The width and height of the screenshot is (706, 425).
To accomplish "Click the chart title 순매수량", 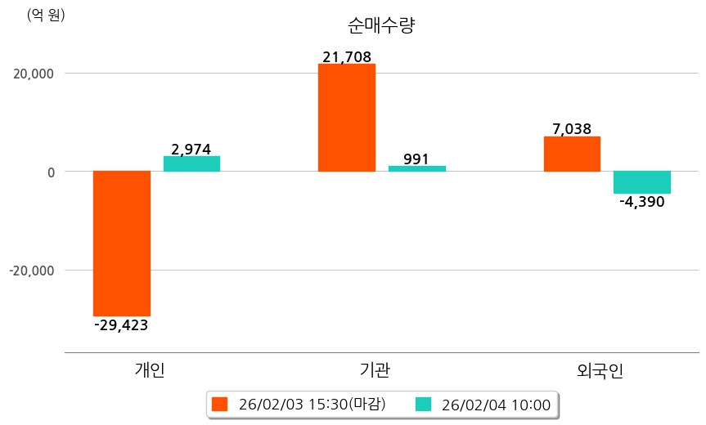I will (x=381, y=25).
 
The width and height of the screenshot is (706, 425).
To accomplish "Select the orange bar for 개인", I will (x=122, y=243).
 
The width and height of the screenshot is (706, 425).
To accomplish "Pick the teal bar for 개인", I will (x=191, y=163).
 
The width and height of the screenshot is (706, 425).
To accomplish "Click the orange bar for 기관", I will (x=347, y=118).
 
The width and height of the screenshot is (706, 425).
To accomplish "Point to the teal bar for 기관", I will (x=416, y=168).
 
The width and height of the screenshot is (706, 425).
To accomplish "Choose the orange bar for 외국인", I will (x=572, y=154).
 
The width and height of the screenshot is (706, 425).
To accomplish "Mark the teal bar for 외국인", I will (x=641, y=182).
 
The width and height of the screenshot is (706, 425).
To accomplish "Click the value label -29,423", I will (x=121, y=325).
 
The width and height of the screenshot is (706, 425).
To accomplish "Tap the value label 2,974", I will (x=191, y=149).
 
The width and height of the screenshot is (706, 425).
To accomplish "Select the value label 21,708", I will (x=347, y=57).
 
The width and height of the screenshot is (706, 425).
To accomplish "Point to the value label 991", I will (x=416, y=159).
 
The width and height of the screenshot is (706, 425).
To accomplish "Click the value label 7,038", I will (x=572, y=129).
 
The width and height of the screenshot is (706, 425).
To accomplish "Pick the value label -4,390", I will (x=641, y=202).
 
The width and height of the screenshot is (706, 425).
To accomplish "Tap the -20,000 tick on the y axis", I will (x=29, y=271).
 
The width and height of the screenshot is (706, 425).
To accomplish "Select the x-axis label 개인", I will (x=150, y=370).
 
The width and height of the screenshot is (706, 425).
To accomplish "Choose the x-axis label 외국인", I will (x=600, y=370).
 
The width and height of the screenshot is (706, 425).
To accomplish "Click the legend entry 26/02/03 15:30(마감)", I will (x=299, y=405).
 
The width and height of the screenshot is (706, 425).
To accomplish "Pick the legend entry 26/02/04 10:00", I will (x=483, y=405).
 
